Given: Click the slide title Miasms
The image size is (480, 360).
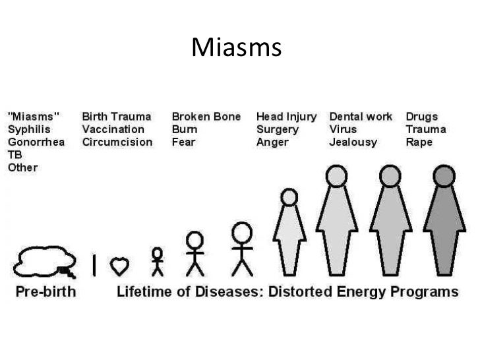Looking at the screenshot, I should pyautogui.click(x=237, y=47).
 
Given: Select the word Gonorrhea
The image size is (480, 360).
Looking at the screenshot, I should pyautogui.click(x=36, y=142).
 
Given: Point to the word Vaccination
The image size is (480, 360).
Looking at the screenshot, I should pyautogui.click(x=112, y=130).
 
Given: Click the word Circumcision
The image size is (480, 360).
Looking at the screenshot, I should pyautogui.click(x=117, y=142).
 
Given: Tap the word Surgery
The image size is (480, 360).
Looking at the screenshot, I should pyautogui.click(x=278, y=130).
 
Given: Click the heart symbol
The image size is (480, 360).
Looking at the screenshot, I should pyautogui.click(x=119, y=265).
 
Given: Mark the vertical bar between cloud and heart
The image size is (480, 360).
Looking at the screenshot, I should pyautogui.click(x=95, y=264).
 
